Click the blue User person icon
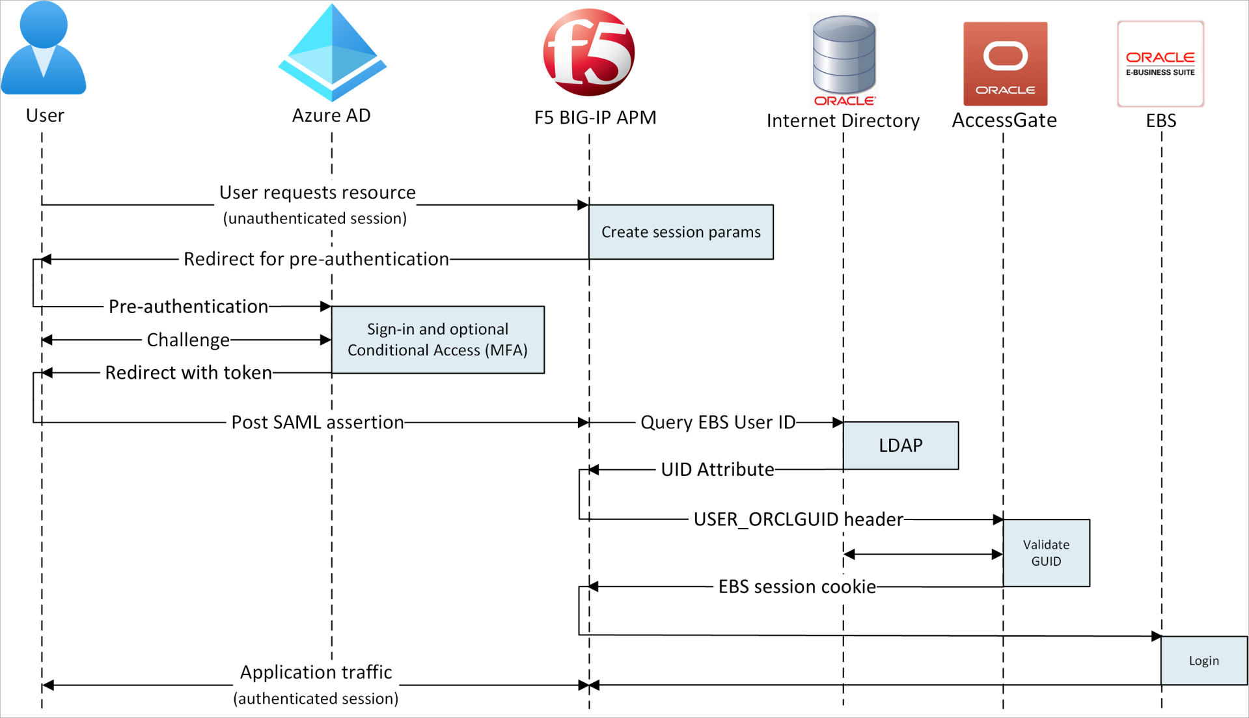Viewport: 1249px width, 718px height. coord(44,49)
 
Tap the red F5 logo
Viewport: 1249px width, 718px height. coord(588,52)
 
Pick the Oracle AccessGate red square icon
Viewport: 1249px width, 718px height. coord(1005,64)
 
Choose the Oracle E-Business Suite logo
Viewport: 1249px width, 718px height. coord(1160,64)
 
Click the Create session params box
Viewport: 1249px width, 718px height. coord(681,232)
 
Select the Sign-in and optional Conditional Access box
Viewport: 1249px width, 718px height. coord(437,340)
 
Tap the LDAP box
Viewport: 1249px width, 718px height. coord(900,445)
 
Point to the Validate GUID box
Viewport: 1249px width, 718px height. coord(1046,553)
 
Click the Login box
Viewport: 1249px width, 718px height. coord(1203,661)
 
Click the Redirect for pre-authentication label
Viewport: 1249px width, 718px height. coord(316,259)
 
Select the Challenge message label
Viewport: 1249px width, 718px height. coord(187,340)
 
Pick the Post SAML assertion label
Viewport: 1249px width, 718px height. coord(318,422)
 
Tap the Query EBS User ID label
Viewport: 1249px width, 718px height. coord(717,422)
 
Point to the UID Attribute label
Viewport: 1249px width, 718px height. coord(717,469)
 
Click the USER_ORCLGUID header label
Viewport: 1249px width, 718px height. coord(798,519)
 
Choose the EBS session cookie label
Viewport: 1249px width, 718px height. coord(797,587)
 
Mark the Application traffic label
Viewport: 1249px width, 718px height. coord(316,672)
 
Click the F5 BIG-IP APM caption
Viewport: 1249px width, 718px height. coord(595,118)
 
